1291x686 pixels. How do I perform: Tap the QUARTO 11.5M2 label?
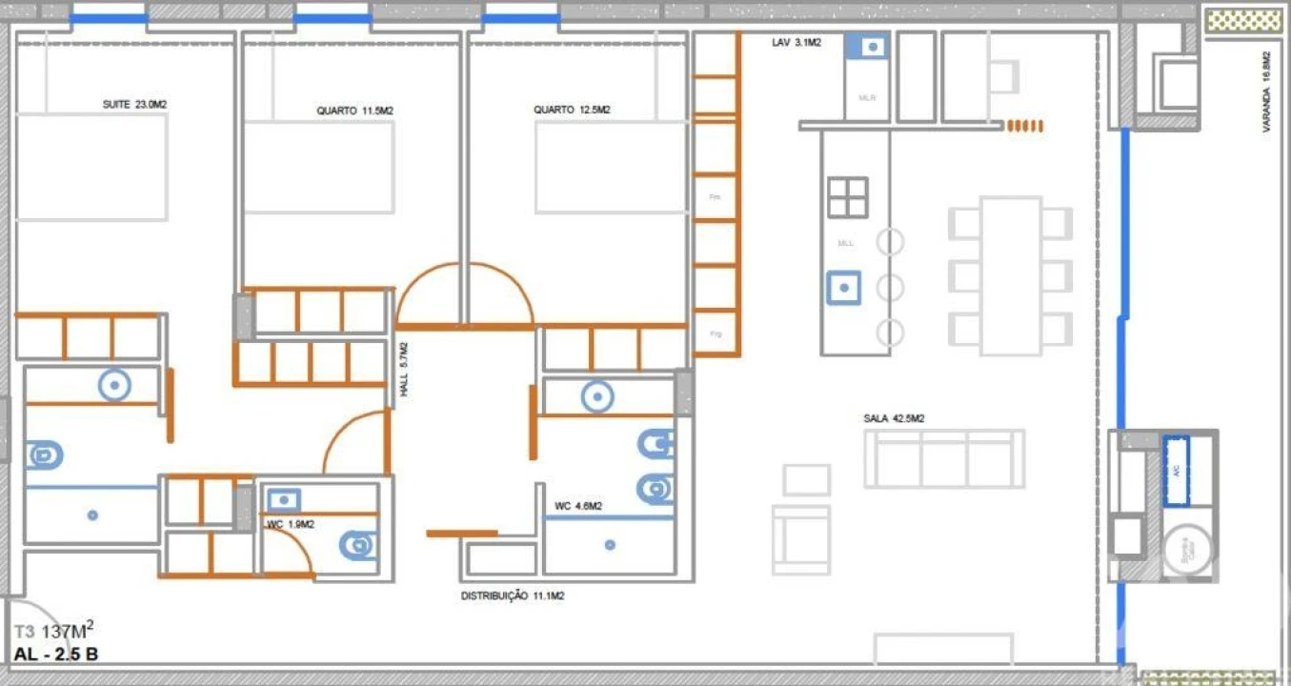(354, 111)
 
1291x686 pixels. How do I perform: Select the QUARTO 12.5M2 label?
(572, 110)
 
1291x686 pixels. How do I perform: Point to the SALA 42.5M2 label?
(894, 418)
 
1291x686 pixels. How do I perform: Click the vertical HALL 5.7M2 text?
(404, 370)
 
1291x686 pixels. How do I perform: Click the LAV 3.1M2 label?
(796, 43)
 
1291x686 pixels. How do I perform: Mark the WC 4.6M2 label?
(577, 506)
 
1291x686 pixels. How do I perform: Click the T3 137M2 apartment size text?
(53, 631)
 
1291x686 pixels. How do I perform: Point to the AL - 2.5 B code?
(56, 655)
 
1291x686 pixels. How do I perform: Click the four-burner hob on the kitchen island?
(847, 197)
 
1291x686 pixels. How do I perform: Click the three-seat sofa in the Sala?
(943, 459)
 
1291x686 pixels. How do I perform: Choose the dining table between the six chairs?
(1010, 274)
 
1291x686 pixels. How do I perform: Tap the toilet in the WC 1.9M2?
(357, 545)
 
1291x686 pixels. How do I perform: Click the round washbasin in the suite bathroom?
(114, 385)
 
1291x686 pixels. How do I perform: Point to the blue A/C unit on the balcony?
(1177, 471)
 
